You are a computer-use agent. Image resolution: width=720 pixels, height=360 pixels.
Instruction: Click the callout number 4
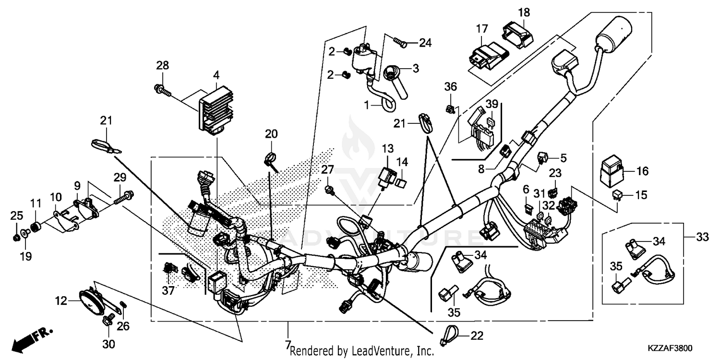[216, 75]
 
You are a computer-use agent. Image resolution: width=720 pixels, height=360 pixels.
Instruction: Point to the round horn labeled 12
[90, 301]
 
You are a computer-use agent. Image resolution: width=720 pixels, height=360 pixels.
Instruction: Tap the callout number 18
[524, 12]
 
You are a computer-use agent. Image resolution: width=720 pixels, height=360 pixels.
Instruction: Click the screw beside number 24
[400, 43]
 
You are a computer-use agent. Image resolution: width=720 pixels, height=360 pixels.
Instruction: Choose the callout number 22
[476, 336]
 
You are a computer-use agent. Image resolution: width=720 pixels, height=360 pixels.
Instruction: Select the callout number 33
[702, 237]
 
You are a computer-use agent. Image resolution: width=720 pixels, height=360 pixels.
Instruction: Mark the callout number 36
[450, 87]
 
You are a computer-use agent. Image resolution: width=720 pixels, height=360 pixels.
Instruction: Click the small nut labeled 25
[16, 237]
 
